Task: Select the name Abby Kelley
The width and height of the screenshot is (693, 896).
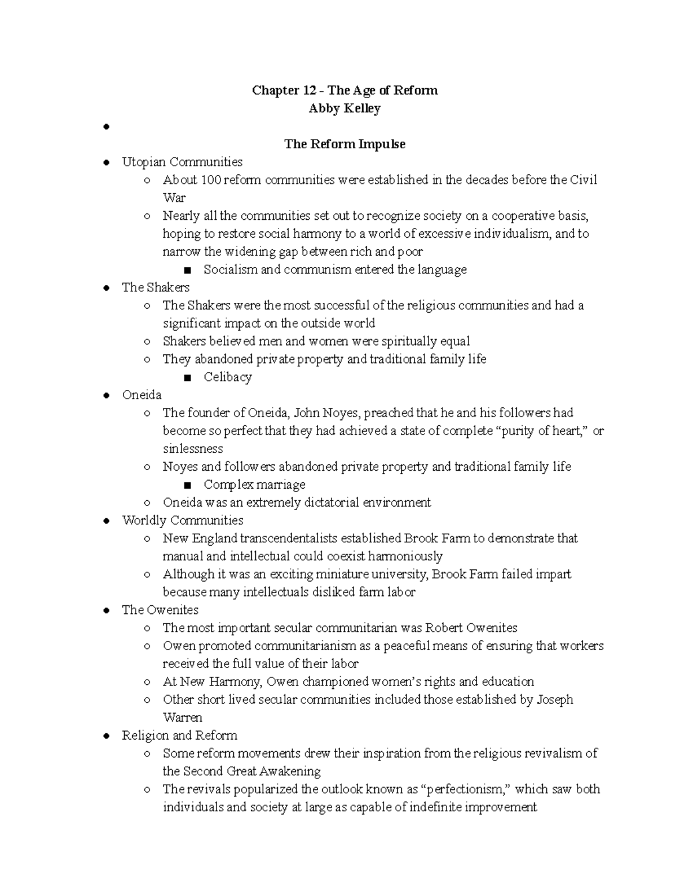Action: pos(344,108)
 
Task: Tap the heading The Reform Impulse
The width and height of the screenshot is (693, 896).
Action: pos(344,144)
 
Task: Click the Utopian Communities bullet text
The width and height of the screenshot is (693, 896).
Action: pos(182,162)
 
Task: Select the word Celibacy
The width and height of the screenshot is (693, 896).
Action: pos(228,377)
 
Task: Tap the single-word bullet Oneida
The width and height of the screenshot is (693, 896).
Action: pos(141,395)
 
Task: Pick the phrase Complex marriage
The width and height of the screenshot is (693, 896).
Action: pos(254,485)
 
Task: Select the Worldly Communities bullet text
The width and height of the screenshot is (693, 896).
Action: pos(182,520)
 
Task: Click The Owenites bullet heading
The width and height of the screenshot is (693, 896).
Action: pos(160,610)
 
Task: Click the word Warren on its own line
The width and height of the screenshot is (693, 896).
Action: pos(182,718)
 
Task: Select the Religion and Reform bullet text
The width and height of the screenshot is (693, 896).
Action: pos(180,736)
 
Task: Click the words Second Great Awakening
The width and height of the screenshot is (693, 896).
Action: pos(252,771)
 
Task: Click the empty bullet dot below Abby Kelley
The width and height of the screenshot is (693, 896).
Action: pos(106,128)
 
